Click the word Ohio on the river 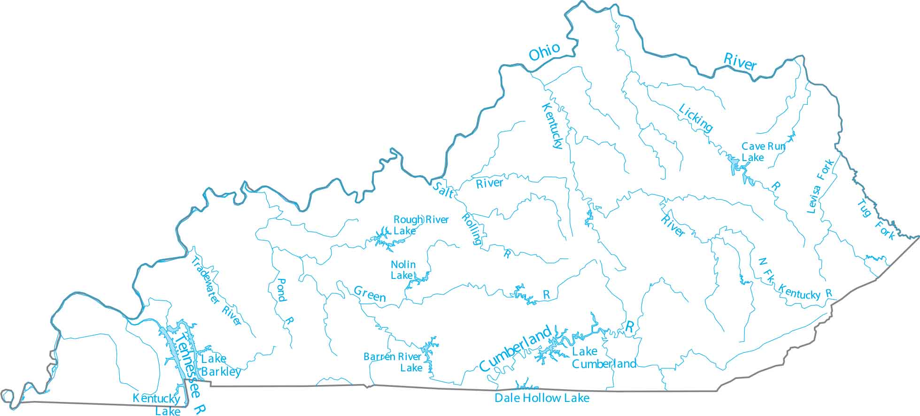[x=544, y=52]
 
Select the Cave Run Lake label [x=763, y=152]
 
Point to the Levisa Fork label [x=820, y=186]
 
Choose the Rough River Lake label [x=420, y=225]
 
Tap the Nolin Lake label [x=403, y=270]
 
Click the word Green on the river [x=370, y=294]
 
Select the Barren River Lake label [x=393, y=362]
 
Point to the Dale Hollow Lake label [x=541, y=398]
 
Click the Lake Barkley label [x=221, y=365]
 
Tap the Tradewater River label [x=216, y=291]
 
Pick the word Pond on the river [x=281, y=290]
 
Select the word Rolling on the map [x=472, y=229]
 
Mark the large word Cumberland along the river [x=515, y=348]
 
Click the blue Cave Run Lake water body [x=734, y=164]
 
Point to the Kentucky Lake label [x=156, y=404]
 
